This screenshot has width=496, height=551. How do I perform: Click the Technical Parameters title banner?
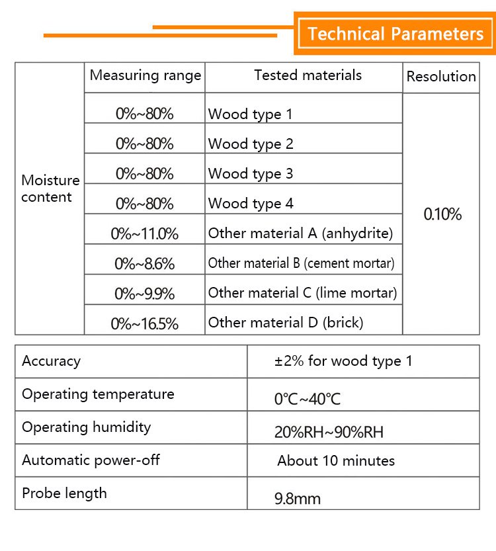[x=395, y=34]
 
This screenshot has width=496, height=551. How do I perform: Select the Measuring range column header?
[x=145, y=75]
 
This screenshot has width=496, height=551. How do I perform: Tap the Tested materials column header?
[x=308, y=75]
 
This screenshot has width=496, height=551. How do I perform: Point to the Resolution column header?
[x=441, y=77]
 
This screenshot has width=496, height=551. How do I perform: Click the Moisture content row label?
[x=50, y=189]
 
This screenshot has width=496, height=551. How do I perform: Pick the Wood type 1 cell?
[x=250, y=114]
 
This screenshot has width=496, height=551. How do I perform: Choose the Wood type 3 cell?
[x=251, y=174]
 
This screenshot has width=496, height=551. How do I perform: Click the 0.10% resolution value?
[x=442, y=214]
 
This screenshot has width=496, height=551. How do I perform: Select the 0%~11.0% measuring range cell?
[x=145, y=233]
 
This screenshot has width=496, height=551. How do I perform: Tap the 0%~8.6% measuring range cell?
[x=145, y=264]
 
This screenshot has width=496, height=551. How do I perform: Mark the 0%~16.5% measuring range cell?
[x=145, y=323]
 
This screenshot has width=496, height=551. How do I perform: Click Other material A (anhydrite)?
[x=300, y=233]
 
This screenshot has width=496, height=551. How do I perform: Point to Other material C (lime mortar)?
[x=302, y=293]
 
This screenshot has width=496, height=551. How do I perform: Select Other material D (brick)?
[x=286, y=323]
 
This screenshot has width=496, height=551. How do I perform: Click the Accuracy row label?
[x=51, y=361]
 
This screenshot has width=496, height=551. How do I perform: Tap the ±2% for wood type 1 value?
[x=343, y=361]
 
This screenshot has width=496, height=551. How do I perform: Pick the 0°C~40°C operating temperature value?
[x=308, y=400]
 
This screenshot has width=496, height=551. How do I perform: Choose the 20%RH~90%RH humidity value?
[x=329, y=433]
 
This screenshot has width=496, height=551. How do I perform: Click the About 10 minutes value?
[x=336, y=461]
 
